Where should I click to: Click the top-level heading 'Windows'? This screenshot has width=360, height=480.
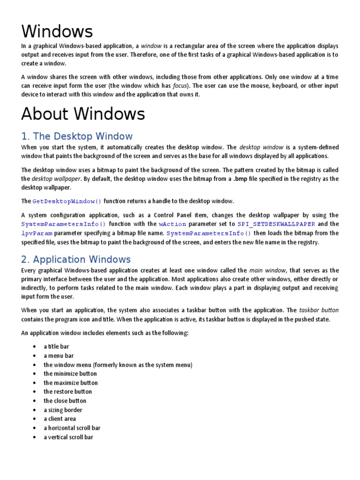[x=57, y=31]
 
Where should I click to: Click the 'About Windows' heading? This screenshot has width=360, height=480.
[x=83, y=114]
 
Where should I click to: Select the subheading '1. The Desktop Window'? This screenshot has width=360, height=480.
[x=77, y=136]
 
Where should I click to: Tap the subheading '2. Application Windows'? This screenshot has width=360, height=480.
[x=76, y=259]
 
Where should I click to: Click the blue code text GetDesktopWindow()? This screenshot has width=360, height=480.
[x=67, y=202]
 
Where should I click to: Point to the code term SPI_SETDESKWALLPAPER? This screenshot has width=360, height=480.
[x=277, y=224]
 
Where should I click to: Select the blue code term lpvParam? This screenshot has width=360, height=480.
[x=37, y=233]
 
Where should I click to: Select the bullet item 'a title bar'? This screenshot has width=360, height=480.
[x=56, y=347]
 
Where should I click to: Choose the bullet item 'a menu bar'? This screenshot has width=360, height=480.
[x=59, y=356]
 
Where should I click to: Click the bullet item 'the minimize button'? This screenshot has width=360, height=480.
[x=70, y=374]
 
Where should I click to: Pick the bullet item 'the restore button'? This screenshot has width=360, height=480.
[x=68, y=391]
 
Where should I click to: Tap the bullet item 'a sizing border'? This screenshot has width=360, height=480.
[x=63, y=410]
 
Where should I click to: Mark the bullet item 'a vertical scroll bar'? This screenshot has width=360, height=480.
[x=68, y=437]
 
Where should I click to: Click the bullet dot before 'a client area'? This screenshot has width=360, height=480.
[x=34, y=419]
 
